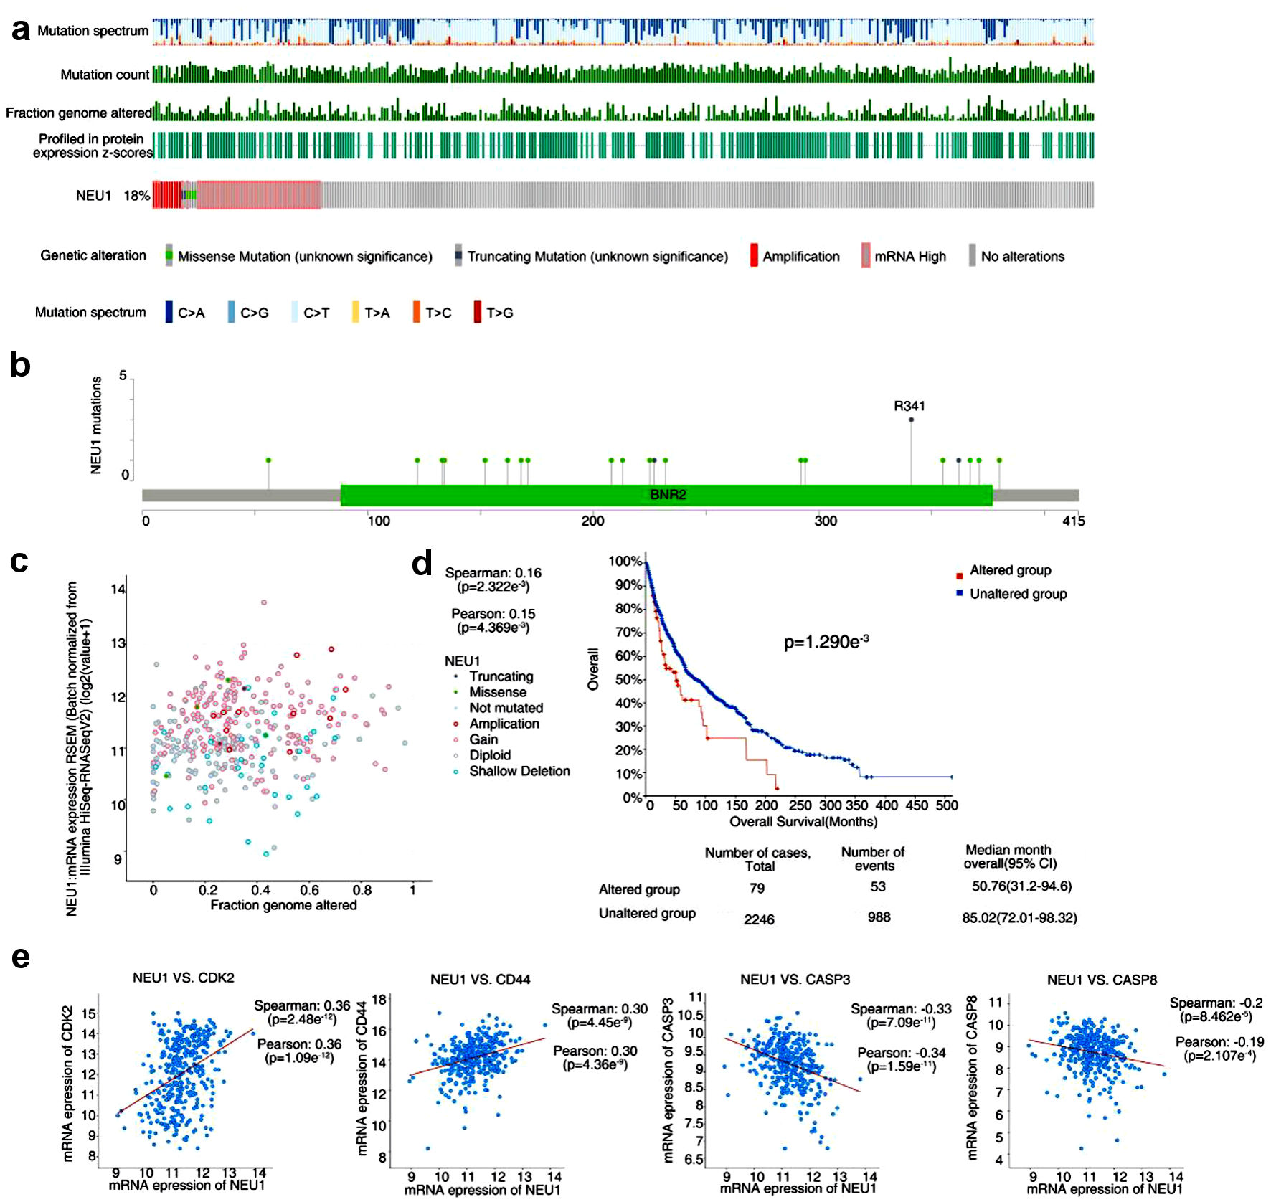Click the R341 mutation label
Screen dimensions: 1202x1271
(x=909, y=406)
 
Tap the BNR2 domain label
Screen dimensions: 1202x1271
(x=668, y=495)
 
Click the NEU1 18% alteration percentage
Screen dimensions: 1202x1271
(x=137, y=196)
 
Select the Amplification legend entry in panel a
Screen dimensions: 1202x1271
(x=800, y=257)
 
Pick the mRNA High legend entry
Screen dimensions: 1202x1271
(x=909, y=257)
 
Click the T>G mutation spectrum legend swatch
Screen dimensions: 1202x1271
(x=478, y=313)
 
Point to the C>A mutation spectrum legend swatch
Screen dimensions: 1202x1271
(x=169, y=313)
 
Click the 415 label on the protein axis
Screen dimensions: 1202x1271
(x=1073, y=521)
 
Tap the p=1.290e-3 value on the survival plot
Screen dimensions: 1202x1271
(x=826, y=642)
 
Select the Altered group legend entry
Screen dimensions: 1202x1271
(x=1010, y=571)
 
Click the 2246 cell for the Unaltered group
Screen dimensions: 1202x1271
(x=759, y=919)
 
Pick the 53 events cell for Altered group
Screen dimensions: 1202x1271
(x=878, y=887)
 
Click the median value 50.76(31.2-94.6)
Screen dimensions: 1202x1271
(x=1021, y=886)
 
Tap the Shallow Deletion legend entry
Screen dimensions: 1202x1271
(x=519, y=772)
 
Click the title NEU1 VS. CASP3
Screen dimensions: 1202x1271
(x=795, y=980)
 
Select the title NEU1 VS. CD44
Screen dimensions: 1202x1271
(x=480, y=980)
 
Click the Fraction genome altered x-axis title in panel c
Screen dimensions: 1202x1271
(x=283, y=906)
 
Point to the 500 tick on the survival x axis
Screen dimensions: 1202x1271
(x=947, y=805)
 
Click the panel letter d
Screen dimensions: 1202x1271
(x=422, y=564)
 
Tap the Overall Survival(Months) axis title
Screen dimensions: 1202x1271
(x=803, y=822)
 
